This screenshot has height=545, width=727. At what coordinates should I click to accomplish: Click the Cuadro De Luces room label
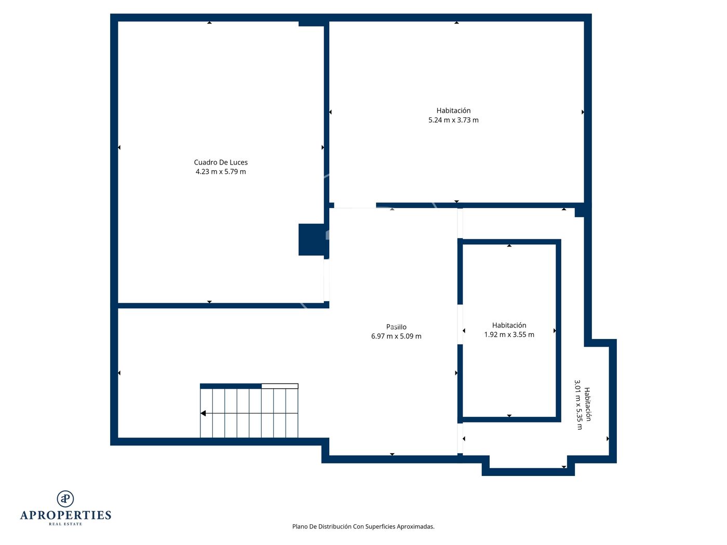coord(221,162)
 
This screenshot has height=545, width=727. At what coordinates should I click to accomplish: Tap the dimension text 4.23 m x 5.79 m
coord(221,171)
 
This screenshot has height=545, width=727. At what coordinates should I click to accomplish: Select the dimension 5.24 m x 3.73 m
coord(453,120)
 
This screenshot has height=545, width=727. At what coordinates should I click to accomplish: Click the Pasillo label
coord(396,327)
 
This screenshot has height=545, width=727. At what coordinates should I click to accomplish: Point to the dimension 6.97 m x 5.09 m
coord(396,336)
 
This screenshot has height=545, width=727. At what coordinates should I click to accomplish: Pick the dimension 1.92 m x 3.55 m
coord(509,335)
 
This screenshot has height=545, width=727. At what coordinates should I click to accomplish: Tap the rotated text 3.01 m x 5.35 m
coord(578,405)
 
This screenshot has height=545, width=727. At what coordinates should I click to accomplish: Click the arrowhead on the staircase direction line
coord(203,413)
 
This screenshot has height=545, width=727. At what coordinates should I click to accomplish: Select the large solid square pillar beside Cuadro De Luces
coord(312,240)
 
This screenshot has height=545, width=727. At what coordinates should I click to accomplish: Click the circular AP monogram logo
coord(65,499)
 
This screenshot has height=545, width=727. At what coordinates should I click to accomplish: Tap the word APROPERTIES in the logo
coord(65,515)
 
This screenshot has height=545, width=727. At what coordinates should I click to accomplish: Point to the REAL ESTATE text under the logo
coord(65,524)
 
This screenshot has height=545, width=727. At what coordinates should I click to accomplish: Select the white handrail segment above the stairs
coord(280,386)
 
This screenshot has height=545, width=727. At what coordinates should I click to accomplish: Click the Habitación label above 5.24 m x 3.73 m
coord(453,111)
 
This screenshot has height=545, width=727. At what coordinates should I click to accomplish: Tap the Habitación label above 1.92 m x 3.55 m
coord(509,325)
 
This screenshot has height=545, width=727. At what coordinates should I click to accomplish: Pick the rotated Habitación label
coord(587,404)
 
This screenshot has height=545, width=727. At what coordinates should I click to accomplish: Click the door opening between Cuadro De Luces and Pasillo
coord(326,280)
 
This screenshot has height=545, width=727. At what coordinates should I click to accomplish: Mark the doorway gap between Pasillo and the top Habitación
coord(355,206)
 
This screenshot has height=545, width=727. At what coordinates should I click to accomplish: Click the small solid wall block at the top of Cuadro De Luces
coord(312,24)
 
